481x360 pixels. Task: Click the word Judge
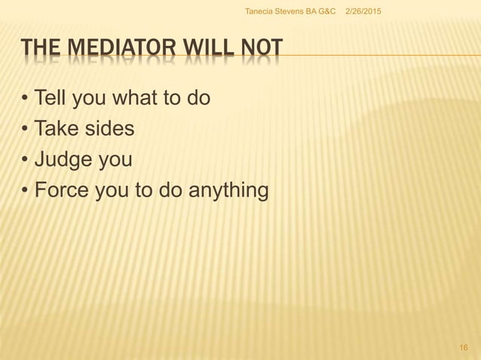pos(63,160)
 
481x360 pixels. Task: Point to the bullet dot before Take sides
pos(26,130)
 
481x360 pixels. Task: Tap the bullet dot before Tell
pos(26,99)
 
